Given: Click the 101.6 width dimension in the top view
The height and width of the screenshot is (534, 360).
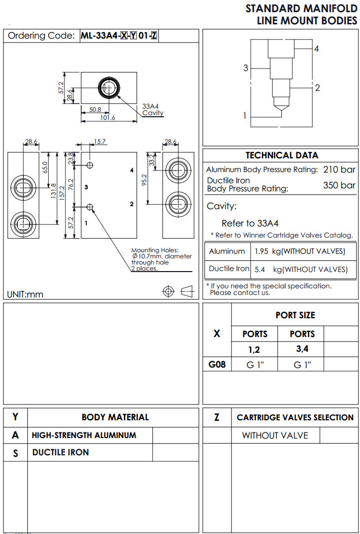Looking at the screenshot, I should [x=108, y=118].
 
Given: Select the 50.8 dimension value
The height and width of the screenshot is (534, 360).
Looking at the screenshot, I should [x=95, y=109].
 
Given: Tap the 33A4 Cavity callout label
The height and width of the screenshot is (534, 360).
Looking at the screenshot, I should [x=152, y=110].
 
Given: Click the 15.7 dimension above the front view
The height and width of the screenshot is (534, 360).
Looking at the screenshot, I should [x=100, y=142].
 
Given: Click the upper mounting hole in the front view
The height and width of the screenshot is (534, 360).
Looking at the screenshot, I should [x=90, y=165].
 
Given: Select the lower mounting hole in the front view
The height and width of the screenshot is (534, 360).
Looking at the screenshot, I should [x=90, y=206].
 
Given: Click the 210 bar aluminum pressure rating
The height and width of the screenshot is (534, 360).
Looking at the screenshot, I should [x=339, y=170].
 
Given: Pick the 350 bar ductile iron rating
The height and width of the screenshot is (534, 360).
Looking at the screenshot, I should [x=339, y=185].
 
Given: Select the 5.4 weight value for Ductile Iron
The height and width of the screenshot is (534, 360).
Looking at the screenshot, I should [x=260, y=269].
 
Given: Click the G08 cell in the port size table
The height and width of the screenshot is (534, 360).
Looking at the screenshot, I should [x=217, y=364].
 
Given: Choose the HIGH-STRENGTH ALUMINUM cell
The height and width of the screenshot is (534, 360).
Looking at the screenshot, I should [x=84, y=435].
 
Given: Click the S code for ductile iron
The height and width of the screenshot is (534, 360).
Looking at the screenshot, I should [x=15, y=453].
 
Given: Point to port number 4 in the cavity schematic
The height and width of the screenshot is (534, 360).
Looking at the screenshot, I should [x=316, y=49].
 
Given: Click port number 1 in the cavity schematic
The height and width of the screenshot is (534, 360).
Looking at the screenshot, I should [x=244, y=116].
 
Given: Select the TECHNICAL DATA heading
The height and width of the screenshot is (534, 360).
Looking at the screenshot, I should [x=282, y=155].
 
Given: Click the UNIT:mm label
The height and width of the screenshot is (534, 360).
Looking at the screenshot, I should [x=25, y=294].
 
